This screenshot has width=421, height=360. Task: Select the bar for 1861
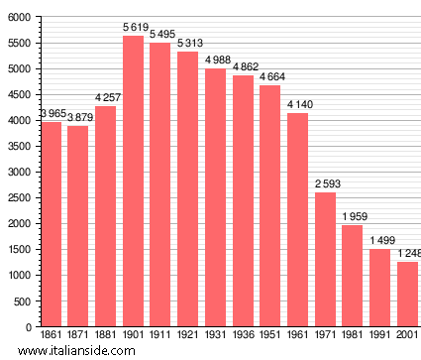point(52,224)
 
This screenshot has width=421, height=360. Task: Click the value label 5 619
point(134,28)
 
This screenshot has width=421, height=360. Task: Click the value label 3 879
point(79,117)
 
